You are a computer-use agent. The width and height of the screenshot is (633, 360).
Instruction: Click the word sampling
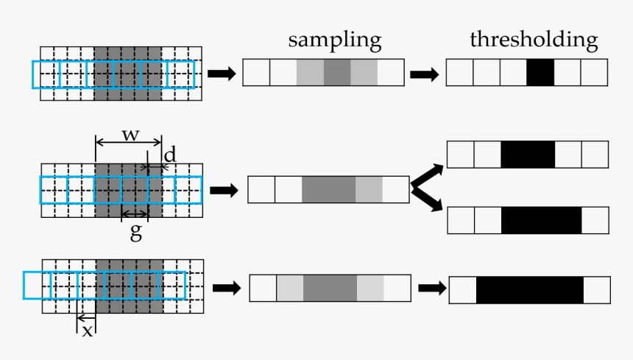[x=334, y=40]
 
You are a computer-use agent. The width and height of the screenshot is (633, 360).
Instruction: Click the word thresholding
[x=534, y=40]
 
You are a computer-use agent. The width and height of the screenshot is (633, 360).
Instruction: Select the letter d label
[x=170, y=155]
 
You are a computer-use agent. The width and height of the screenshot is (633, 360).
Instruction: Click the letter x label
[x=87, y=330]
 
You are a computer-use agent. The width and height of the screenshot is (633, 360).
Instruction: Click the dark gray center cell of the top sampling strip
[x=337, y=73]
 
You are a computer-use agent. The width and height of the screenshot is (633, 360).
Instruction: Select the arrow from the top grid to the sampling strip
[x=222, y=74]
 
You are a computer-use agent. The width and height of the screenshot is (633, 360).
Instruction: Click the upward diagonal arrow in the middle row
[x=426, y=175]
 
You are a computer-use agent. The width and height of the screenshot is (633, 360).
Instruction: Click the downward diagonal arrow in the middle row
[x=426, y=199]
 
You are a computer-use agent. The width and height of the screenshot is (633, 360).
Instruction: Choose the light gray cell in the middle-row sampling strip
[x=369, y=189]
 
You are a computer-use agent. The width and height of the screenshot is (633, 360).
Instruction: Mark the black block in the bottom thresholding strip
[x=530, y=289]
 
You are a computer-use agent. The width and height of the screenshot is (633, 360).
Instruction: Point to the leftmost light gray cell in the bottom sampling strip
[x=290, y=287]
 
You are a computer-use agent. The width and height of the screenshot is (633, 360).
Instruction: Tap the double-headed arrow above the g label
[x=135, y=214]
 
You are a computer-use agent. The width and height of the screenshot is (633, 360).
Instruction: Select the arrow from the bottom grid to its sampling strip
[x=227, y=287]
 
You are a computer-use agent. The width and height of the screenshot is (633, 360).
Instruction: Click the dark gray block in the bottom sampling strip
[x=330, y=287]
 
